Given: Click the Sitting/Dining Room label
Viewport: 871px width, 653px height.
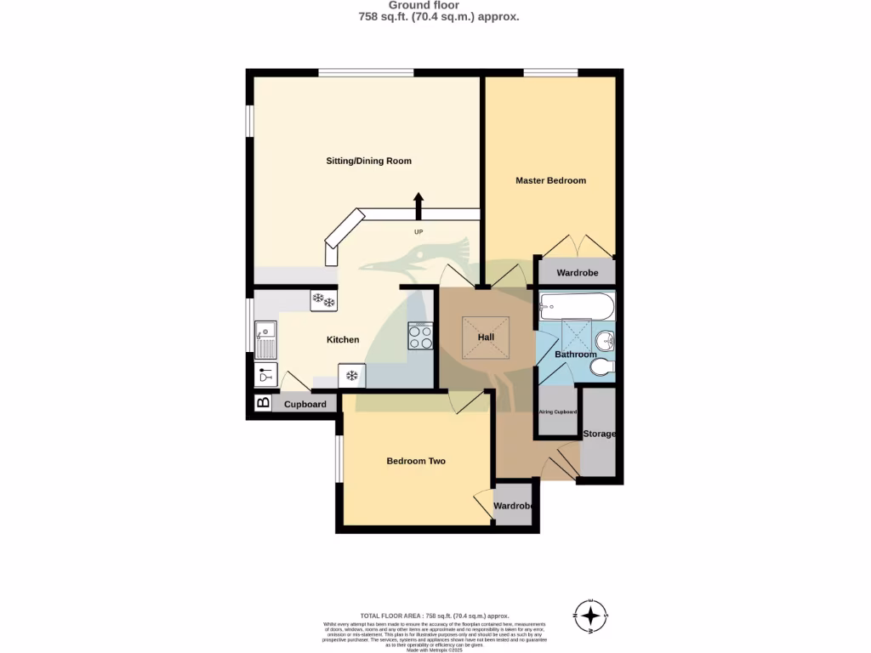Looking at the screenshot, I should (x=369, y=161).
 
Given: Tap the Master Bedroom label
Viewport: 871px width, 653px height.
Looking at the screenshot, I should (x=550, y=180).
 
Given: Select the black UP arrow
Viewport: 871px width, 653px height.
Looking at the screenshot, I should (x=418, y=206).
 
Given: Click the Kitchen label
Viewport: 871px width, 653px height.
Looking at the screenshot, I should (x=343, y=340).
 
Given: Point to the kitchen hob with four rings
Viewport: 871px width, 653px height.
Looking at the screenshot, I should (x=420, y=338).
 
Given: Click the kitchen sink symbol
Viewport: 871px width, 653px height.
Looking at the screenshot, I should (x=265, y=339).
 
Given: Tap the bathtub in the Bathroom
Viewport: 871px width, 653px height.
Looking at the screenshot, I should (x=576, y=304).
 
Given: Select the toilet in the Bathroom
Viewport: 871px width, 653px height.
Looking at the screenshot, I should (x=601, y=366).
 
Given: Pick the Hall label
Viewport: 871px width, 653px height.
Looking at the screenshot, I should (x=486, y=338).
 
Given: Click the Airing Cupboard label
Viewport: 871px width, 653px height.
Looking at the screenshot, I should (x=557, y=412).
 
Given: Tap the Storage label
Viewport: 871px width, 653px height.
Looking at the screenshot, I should (x=599, y=434).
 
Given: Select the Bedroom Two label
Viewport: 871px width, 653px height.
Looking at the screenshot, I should (x=416, y=461).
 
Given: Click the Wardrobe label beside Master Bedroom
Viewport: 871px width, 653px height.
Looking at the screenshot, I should (x=577, y=273).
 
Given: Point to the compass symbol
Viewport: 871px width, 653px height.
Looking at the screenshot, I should (x=590, y=613).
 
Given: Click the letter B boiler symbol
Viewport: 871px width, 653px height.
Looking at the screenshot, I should (x=263, y=403).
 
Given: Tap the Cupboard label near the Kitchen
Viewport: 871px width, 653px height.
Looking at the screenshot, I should (x=305, y=405).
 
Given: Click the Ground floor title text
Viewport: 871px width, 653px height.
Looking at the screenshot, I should (x=435, y=5).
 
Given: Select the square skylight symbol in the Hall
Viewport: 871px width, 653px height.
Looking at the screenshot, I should (x=486, y=337).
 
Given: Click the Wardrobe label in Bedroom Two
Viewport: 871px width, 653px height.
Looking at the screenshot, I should (x=514, y=506).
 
